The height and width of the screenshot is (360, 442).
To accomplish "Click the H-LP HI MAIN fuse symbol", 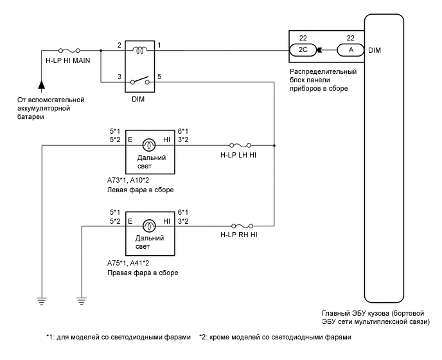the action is click(x=69, y=51).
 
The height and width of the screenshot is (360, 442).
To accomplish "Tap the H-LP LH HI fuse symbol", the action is click(x=240, y=145).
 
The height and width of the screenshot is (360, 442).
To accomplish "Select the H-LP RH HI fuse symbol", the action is click(x=242, y=226).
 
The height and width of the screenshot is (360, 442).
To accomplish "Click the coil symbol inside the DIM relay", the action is click(x=140, y=51).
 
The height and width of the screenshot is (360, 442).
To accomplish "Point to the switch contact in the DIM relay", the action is click(x=140, y=80).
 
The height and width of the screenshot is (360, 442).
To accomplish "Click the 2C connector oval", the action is click(x=303, y=50).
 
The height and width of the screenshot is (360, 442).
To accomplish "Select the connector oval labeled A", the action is click(x=351, y=50).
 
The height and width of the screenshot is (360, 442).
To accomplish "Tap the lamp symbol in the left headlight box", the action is click(x=149, y=145).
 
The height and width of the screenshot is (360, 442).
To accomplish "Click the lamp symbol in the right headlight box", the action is click(x=149, y=226).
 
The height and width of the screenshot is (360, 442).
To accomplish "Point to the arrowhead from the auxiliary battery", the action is click(x=41, y=85).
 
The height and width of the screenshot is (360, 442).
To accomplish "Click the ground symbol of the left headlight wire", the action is click(x=41, y=301).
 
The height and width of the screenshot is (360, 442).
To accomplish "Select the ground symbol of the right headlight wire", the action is click(x=82, y=301).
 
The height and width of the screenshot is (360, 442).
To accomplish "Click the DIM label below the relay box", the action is click(x=138, y=99).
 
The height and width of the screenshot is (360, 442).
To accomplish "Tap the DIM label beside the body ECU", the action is click(x=375, y=50).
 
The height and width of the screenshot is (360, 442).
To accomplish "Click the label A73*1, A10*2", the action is click(x=128, y=180).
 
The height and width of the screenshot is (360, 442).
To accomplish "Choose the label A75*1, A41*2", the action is click(x=128, y=263).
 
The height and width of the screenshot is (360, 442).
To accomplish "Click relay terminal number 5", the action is click(x=159, y=76).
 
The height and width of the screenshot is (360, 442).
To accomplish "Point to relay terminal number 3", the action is click(x=119, y=76).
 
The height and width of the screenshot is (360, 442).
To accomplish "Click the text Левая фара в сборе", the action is click(x=141, y=190).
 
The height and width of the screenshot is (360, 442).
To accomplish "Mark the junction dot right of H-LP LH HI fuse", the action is click(x=274, y=145).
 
